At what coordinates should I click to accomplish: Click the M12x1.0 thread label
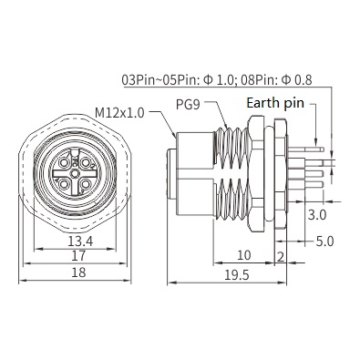119,113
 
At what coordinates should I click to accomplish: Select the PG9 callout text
188,105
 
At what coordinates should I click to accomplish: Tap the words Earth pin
275,103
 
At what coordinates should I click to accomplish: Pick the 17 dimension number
78,256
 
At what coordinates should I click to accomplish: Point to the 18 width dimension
78,273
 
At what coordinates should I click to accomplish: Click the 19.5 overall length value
237,275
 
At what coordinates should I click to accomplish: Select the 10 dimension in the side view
243,255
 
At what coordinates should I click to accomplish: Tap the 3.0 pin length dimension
317,215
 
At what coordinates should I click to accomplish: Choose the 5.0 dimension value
324,242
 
